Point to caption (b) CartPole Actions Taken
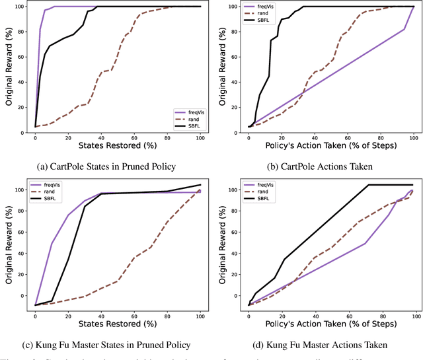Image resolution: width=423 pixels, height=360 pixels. pos(319,166)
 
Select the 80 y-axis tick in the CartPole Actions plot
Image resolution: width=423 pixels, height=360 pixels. pos(233,32)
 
